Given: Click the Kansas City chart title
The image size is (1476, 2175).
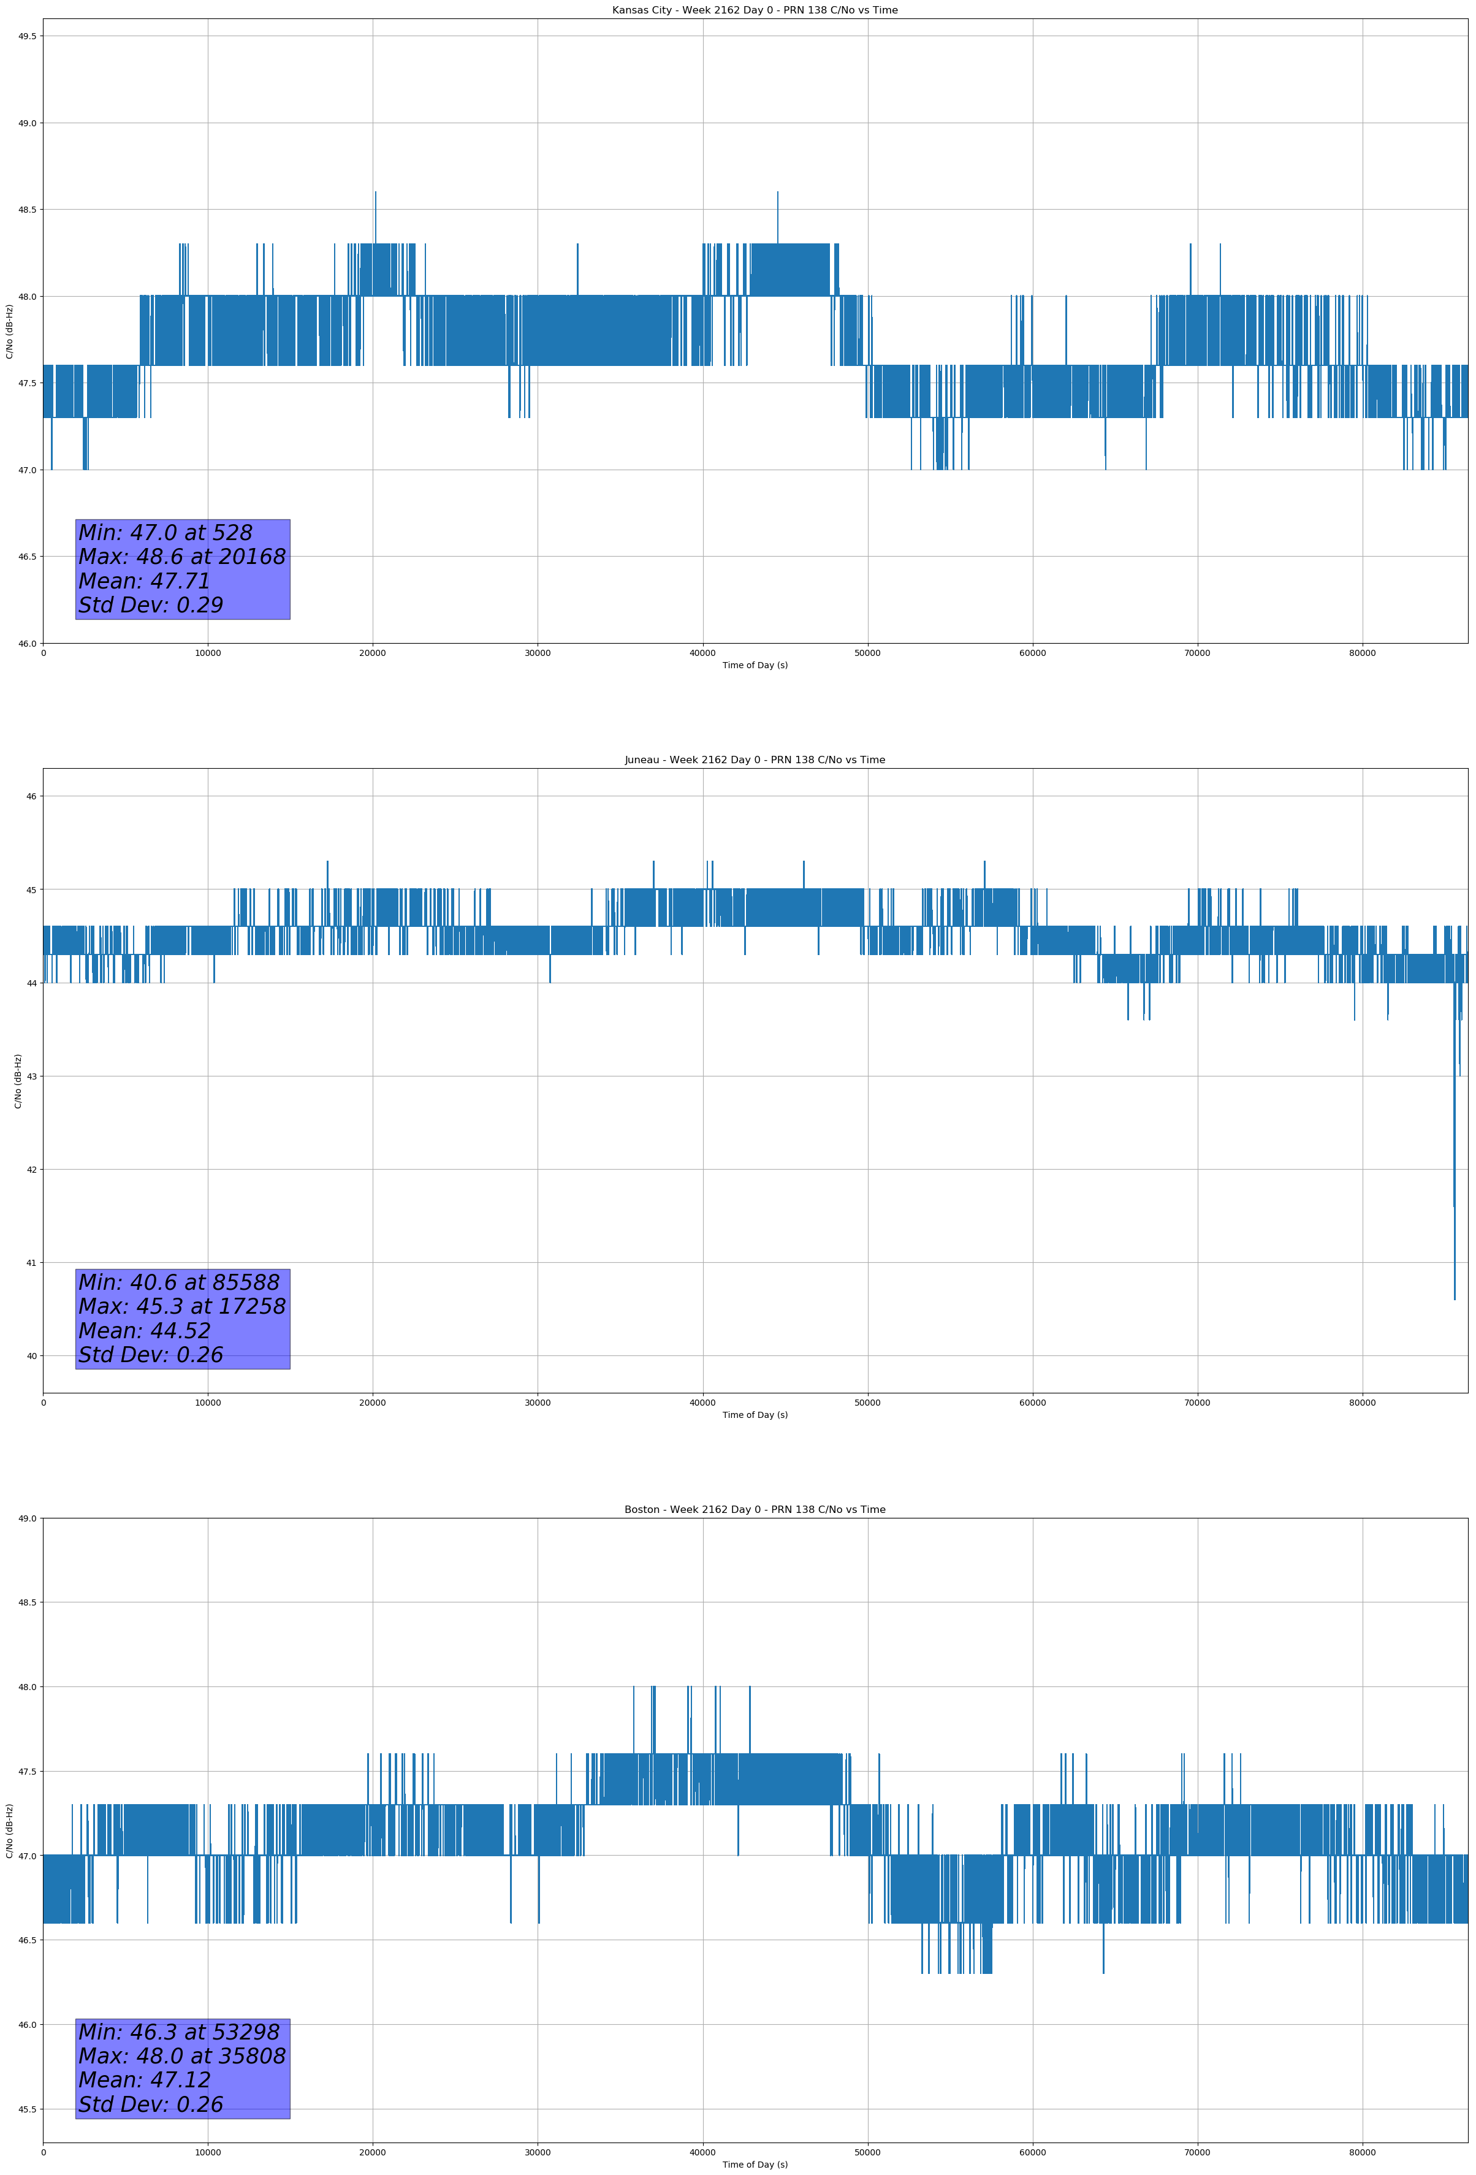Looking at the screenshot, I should [x=755, y=10].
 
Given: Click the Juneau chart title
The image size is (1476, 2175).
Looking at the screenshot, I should [x=755, y=760].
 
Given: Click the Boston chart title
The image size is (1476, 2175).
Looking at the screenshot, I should [x=755, y=1510].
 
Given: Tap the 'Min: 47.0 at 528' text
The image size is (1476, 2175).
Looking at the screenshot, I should [x=165, y=533].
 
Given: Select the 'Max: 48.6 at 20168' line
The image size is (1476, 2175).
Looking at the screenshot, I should [x=181, y=557].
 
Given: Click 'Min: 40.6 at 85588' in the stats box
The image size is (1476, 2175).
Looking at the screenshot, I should [x=179, y=1282].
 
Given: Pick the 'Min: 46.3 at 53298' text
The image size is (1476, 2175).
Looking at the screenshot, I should [x=179, y=2032].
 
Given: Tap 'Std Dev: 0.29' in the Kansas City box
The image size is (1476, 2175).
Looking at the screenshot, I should [x=151, y=606].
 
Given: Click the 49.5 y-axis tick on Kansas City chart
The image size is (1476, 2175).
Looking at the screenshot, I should [x=26, y=37].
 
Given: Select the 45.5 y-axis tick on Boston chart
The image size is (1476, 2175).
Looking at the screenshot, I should [x=26, y=2109].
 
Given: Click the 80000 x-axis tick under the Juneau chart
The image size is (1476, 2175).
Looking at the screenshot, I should [x=1362, y=1402].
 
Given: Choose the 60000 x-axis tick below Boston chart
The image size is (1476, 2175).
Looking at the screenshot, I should [x=1032, y=2152].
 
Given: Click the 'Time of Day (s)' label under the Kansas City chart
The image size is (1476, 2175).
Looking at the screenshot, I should [x=755, y=665].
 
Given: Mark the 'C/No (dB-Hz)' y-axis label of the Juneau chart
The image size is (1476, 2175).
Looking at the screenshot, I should [x=18, y=1081].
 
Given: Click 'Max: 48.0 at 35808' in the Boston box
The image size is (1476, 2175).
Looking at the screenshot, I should [x=181, y=2056].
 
